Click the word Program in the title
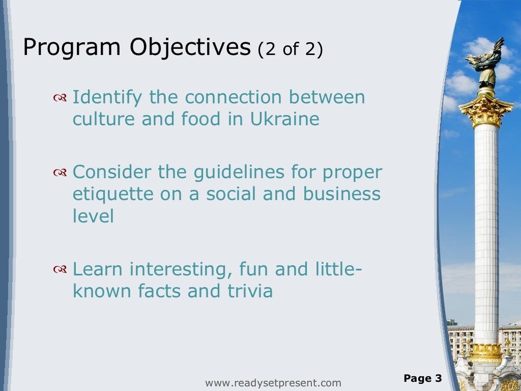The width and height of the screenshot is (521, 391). (72, 48)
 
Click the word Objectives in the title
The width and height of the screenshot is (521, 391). (190, 48)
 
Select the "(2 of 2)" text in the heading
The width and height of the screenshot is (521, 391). (290, 50)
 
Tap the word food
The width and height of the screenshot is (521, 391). (203, 119)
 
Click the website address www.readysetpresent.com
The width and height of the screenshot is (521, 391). (273, 383)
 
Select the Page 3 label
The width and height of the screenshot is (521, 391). (423, 378)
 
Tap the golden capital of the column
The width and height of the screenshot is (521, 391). (486, 110)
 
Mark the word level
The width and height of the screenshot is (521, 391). (93, 216)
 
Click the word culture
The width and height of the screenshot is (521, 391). (104, 119)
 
